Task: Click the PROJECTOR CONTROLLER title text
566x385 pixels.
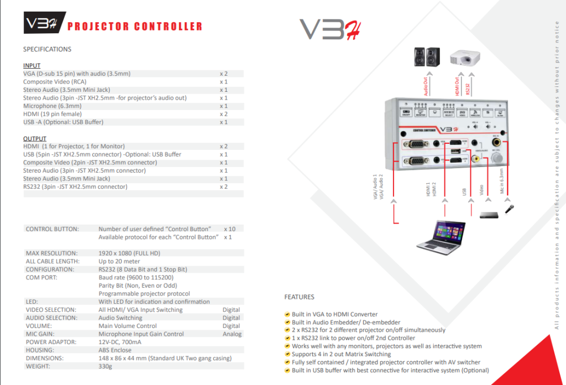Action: point(134,26)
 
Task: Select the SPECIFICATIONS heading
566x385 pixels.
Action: point(47,49)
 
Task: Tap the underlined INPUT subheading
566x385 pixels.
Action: point(32,65)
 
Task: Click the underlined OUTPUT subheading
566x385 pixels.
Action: point(34,138)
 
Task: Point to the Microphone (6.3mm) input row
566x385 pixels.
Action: point(48,106)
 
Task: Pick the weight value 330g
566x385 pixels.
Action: point(106,366)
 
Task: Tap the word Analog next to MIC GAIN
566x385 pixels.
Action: point(232,334)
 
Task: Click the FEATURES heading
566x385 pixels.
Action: point(299,297)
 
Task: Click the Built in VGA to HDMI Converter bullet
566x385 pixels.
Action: point(334,314)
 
